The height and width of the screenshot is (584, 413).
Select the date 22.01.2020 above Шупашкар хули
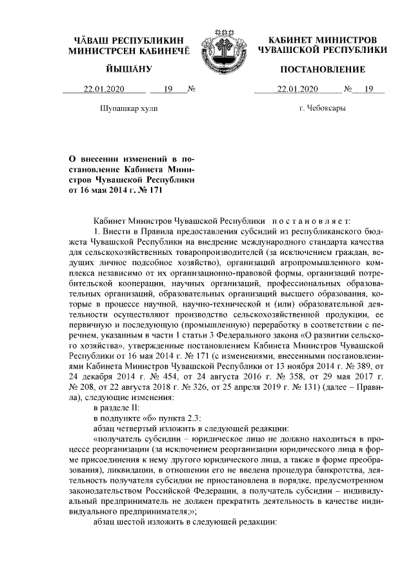click(104, 90)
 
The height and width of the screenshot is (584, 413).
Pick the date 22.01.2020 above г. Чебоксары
click(297, 90)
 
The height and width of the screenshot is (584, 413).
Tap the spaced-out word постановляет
click(314, 219)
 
